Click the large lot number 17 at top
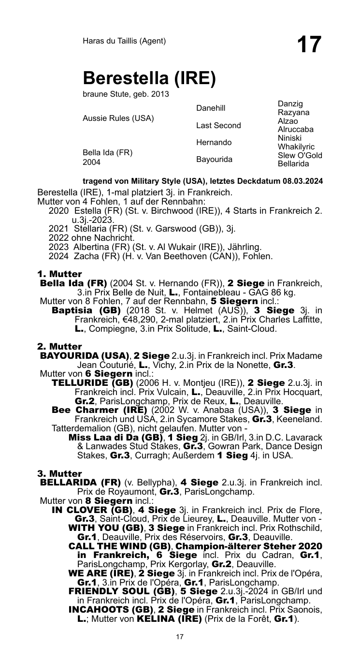309,45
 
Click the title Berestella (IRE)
148,78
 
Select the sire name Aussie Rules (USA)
118,118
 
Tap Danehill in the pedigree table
211,108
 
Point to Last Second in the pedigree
218,126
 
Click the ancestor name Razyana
294,113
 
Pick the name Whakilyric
296,147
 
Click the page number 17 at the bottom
180,637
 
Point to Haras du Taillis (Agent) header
124,41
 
